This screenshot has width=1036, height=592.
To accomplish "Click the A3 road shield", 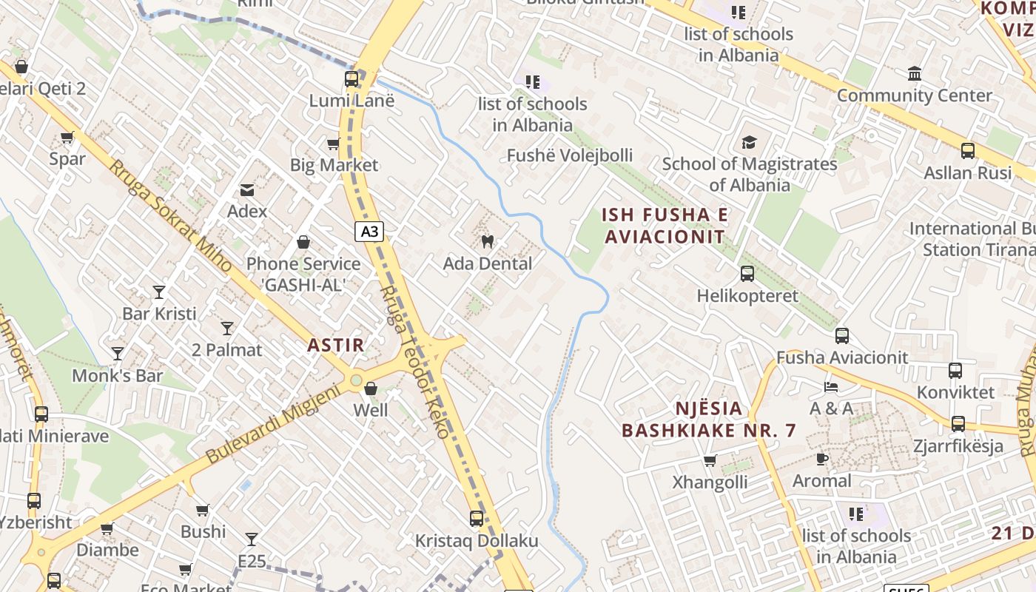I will [x=369, y=232].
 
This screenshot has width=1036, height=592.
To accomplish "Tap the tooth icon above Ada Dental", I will [x=487, y=240].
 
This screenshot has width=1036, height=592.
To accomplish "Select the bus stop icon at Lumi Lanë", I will [x=351, y=78].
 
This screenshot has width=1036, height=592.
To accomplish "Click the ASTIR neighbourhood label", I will [x=336, y=345].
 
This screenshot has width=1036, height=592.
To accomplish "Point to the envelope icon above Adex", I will [x=247, y=190].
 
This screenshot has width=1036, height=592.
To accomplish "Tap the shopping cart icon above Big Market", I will [x=334, y=144].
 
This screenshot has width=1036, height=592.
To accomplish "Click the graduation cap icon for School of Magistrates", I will [x=749, y=142].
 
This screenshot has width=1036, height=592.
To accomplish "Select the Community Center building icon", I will [x=915, y=74].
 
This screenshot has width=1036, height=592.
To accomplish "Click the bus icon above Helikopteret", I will [x=747, y=274].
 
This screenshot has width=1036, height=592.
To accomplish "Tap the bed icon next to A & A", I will [x=831, y=387].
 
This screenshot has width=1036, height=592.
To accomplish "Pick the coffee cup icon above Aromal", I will [x=821, y=460].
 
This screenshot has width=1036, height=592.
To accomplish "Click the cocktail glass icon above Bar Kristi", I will [x=159, y=292].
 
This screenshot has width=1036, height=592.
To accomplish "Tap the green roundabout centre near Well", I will [x=356, y=380].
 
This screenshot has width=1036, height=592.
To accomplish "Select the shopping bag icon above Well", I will [x=371, y=388].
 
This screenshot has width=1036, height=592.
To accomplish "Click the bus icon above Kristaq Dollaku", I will [x=477, y=519].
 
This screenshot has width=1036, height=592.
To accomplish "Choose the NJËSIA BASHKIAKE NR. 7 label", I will [x=708, y=419].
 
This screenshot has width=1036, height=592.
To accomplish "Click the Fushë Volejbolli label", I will [x=569, y=155].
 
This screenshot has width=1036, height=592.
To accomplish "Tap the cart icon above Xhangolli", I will [x=710, y=461].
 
